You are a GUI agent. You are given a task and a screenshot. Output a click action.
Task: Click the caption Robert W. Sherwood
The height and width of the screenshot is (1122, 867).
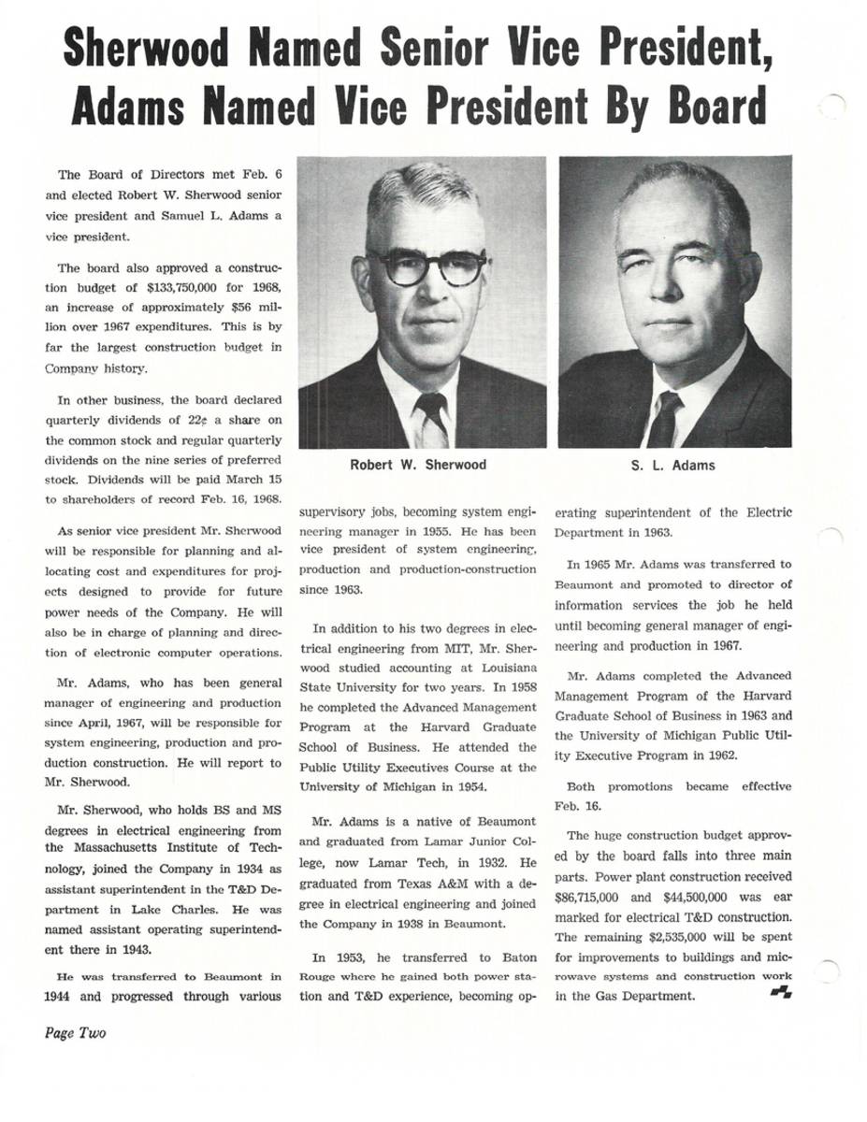point(418,465)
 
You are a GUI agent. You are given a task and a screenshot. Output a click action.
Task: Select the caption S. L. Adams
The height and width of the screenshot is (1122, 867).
point(674,465)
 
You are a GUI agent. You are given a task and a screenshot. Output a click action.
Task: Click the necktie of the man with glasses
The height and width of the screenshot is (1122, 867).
point(432,418)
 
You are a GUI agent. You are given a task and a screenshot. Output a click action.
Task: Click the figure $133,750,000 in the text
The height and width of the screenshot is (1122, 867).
point(190,286)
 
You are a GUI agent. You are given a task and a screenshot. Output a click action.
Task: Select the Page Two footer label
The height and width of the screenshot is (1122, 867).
point(75,1033)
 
